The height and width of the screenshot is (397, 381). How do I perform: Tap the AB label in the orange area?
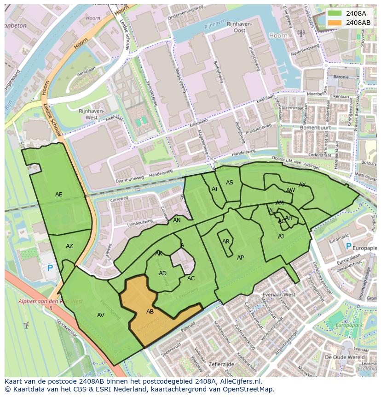coord(150,312)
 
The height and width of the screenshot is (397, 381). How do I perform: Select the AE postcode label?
coord(59,195)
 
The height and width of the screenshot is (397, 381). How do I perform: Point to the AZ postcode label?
coord(69,246)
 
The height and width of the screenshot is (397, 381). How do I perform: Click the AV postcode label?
coord(101,315)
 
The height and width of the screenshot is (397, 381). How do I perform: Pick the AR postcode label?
coord(226,242)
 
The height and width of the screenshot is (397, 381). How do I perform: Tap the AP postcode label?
coord(240,258)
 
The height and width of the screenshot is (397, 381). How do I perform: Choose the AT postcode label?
coord(215,189)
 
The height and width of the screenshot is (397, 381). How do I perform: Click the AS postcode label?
coord(230,183)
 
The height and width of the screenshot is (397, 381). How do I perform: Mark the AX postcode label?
coord(302,185)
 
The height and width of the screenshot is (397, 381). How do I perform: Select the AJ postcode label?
coord(281,237)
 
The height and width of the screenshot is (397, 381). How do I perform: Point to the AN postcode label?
coord(177,220)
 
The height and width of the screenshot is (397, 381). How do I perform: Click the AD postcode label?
coord(162,273)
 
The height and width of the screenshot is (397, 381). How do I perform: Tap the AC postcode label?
coord(191,278)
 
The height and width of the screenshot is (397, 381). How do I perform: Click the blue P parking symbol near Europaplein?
coord(348,247)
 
